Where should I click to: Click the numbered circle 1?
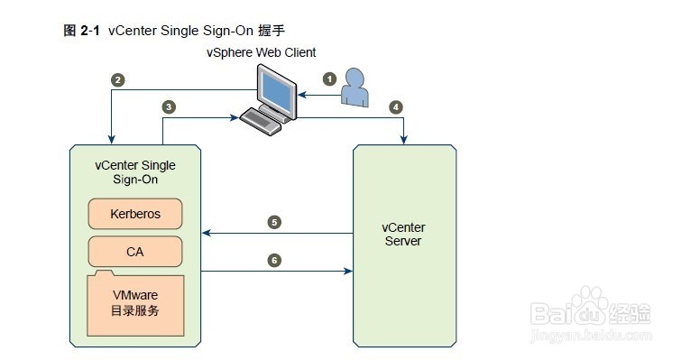330,78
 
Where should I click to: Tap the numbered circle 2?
117,79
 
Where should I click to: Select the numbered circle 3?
169,106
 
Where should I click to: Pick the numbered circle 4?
395,106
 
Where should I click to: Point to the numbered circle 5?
274,222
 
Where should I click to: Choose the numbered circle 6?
274,260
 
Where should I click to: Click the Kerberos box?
135,215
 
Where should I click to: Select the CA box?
135,252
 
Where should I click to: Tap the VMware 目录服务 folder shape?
135,303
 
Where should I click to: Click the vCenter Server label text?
404,235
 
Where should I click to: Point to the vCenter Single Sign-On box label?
135,171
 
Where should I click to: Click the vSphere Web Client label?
273,53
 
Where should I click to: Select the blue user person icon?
355,88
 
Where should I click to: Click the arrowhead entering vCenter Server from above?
403,140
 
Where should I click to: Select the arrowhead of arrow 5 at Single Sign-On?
206,233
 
